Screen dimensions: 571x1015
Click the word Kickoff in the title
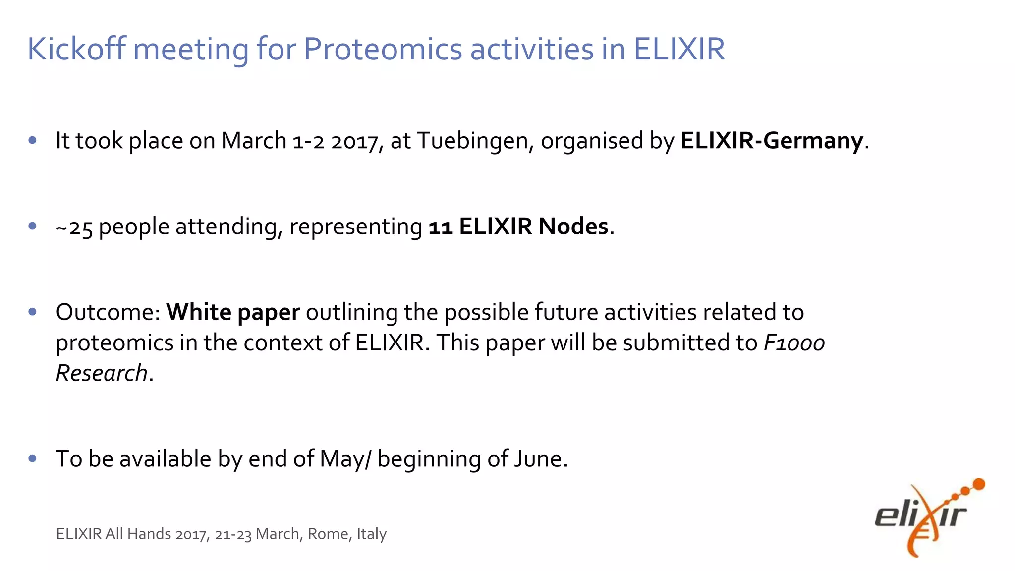(x=76, y=49)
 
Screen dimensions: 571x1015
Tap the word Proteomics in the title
(x=383, y=50)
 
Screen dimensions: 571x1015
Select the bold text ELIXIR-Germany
(x=772, y=141)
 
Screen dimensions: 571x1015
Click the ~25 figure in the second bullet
(x=74, y=228)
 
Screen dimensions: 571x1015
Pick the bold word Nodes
(x=573, y=227)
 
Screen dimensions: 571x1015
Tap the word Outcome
(x=108, y=312)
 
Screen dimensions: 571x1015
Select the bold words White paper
(x=233, y=313)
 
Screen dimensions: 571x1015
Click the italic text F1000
(x=794, y=343)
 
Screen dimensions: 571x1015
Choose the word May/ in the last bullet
(x=345, y=459)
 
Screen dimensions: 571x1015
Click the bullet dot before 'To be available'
(x=33, y=458)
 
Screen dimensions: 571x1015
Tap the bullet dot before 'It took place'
(x=33, y=141)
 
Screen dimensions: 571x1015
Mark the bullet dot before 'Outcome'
(x=33, y=312)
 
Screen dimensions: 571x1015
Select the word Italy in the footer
(x=372, y=534)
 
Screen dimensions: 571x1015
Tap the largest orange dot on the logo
(x=979, y=484)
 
